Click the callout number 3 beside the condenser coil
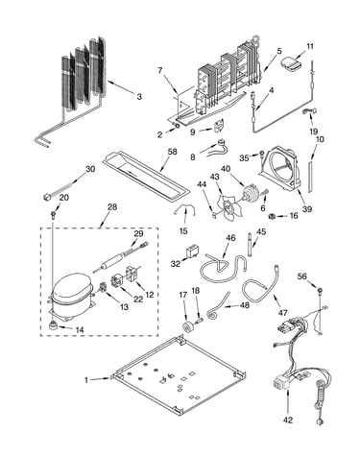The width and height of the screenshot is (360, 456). coord(139,96)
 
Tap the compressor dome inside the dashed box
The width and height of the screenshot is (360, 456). coord(71,287)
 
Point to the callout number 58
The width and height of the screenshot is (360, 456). coord(173,152)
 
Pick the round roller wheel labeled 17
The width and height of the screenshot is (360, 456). coord(186,327)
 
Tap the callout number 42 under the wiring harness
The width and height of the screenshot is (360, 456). coord(288,420)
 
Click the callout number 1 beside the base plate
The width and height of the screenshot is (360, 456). coord(86,380)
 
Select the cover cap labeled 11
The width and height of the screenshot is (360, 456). coord(291,63)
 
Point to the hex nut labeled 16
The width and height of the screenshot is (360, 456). coord(273,217)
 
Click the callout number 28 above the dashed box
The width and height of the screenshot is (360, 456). coord(112,207)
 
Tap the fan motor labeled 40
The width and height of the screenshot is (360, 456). coord(251,194)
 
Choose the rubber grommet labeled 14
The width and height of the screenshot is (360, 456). coord(53,325)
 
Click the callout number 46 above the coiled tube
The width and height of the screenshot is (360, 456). coord(230,238)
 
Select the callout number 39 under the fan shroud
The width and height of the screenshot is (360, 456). coord(307,209)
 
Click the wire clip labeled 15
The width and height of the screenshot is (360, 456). coord(184,211)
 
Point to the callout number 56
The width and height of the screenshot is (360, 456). coord(302,276)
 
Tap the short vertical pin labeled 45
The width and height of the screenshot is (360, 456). coord(251,245)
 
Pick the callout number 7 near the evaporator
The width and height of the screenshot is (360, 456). coord(160,70)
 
